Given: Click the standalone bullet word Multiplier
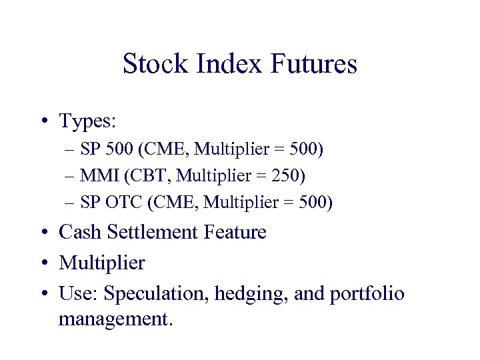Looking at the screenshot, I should pyautogui.click(x=101, y=263).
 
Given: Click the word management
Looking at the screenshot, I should pyautogui.click(x=115, y=319).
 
